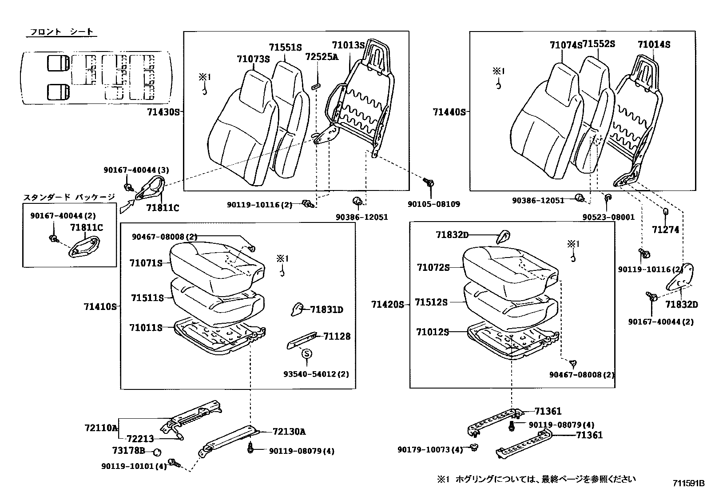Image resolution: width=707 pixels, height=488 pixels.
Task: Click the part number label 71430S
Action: point(163,112)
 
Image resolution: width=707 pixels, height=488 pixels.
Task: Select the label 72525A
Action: point(322,56)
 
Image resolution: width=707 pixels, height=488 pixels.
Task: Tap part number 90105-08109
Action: point(434,204)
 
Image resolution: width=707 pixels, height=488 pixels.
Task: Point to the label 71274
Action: point(666,230)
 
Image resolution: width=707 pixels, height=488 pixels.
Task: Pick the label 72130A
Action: point(289,432)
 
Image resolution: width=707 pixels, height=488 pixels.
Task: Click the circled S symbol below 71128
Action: point(307,354)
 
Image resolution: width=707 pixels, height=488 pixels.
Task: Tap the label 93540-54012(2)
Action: point(316,374)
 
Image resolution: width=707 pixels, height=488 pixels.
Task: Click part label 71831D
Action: point(326,309)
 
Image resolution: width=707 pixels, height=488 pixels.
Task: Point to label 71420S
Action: point(388,304)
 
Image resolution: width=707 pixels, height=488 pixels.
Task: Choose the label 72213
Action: point(139,439)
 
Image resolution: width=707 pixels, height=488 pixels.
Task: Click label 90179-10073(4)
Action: point(430,450)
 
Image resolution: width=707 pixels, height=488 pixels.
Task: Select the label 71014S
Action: point(654,44)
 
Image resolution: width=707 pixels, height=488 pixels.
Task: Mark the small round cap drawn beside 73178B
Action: point(156,452)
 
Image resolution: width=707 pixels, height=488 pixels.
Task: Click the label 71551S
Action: point(285,48)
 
